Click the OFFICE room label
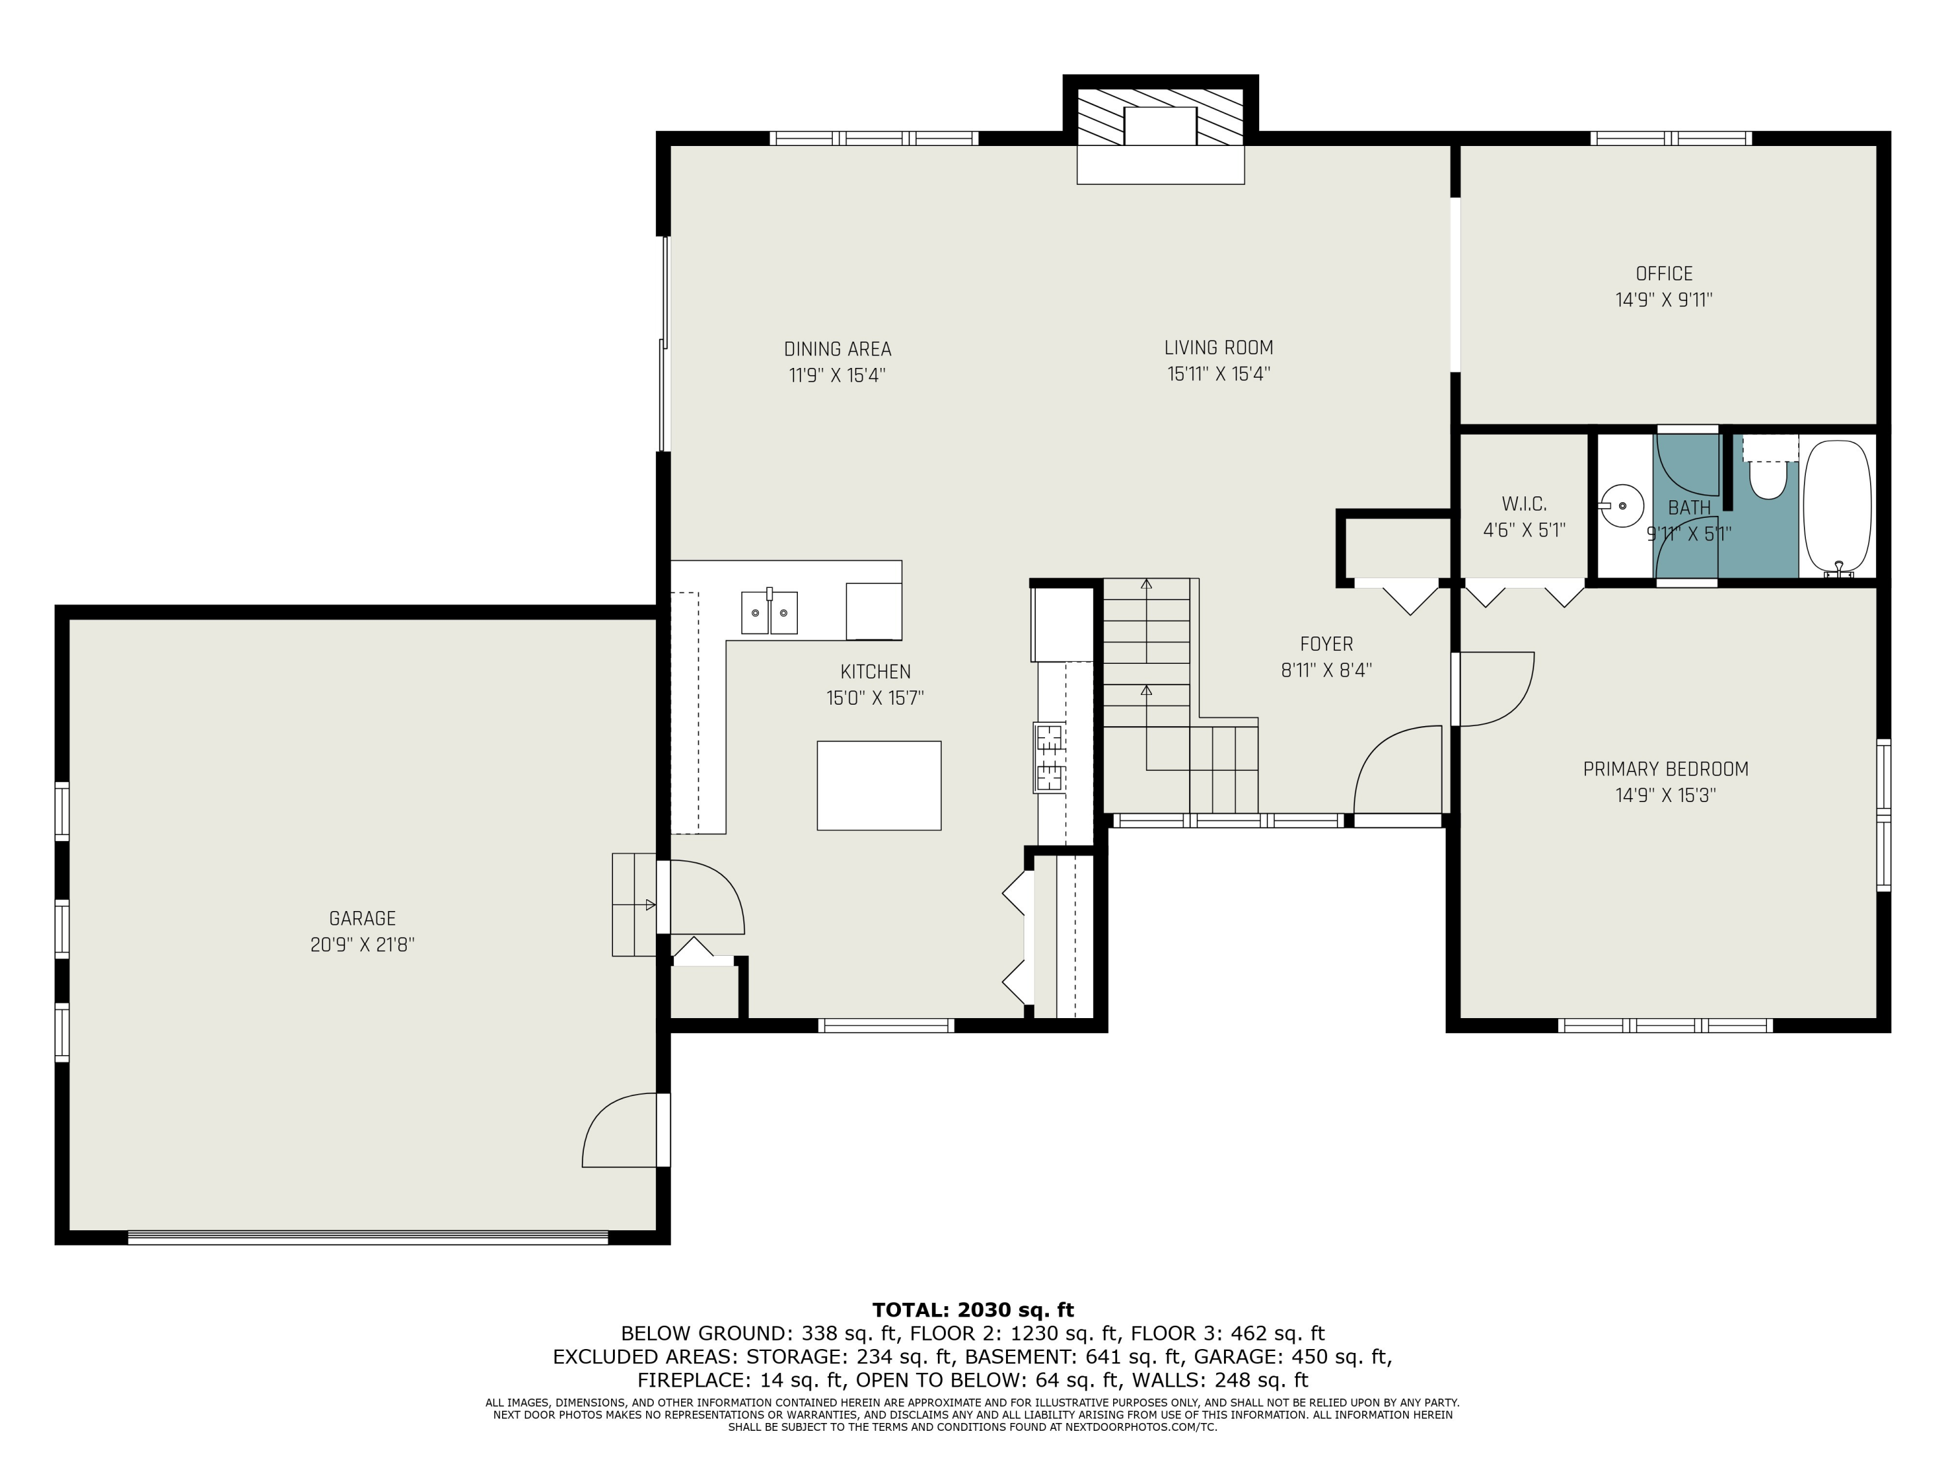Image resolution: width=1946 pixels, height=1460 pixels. point(1664,274)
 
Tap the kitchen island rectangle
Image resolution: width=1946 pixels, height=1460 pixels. point(878,785)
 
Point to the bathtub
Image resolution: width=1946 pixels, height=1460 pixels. point(1837,509)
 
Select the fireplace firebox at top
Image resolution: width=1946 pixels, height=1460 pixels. point(1160,126)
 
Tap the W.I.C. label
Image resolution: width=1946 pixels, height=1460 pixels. point(1524,504)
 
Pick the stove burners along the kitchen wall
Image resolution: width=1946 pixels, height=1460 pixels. point(1050,757)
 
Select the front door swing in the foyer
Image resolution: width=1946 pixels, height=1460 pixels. point(1399,770)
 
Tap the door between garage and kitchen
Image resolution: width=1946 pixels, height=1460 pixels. point(704,897)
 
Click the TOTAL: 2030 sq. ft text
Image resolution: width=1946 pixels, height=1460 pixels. point(972,1309)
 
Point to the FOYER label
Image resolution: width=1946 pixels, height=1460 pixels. point(1326,644)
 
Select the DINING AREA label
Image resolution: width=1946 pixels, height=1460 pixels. point(837,349)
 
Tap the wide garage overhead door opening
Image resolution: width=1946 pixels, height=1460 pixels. point(368,1237)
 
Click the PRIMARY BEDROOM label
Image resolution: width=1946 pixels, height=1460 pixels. point(1665,769)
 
